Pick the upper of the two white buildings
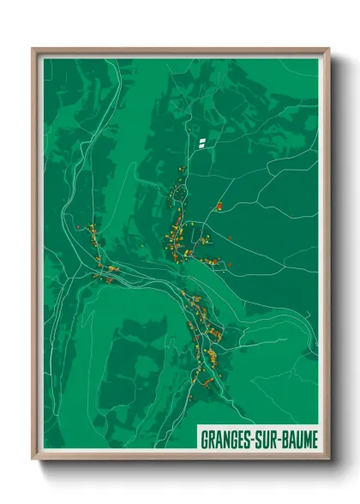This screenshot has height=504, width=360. pyautogui.click(x=202, y=139)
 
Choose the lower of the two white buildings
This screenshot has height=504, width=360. pyautogui.click(x=201, y=144)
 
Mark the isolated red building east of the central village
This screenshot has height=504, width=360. pyautogui.click(x=219, y=205)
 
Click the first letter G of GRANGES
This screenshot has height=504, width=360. pyautogui.click(x=206, y=438)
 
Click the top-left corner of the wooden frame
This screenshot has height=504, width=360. pyautogui.click(x=33, y=49)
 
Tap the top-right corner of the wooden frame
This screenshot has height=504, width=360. pyautogui.click(x=328, y=49)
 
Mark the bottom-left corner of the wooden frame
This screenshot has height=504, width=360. pyautogui.click(x=33, y=459)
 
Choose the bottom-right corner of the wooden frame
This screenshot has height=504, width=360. pyautogui.click(x=328, y=459)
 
